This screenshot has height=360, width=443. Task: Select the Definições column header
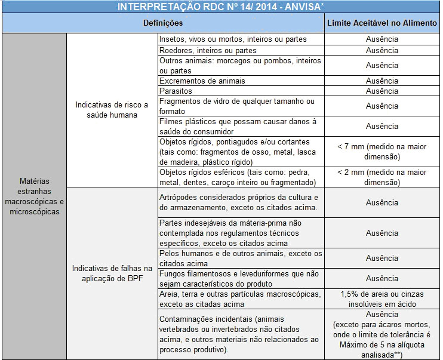tap(162, 23)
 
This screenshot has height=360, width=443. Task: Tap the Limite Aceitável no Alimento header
tap(382, 23)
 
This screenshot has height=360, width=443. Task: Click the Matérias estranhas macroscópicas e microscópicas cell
tap(33, 196)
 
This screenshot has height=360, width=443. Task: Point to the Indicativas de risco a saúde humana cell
tap(112, 110)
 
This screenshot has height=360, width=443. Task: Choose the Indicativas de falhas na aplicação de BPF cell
tap(112, 273)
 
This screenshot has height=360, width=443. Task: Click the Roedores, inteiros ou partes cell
tap(241, 50)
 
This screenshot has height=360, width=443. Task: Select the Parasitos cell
tap(241, 91)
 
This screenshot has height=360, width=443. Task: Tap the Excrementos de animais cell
tap(241, 81)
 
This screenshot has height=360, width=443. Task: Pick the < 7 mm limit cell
tap(382, 152)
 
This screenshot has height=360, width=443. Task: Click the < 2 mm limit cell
tap(382, 177)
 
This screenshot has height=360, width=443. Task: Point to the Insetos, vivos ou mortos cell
tap(241, 39)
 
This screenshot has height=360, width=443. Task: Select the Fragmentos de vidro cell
tap(241, 106)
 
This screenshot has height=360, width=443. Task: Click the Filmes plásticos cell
tap(241, 127)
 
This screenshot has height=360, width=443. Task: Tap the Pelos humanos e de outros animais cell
tap(241, 259)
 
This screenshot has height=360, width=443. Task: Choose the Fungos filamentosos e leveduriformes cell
tap(241, 279)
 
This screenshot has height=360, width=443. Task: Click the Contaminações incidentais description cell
tap(241, 334)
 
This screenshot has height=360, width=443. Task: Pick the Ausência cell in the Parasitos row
tap(382, 91)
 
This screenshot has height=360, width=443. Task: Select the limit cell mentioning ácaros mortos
tap(382, 334)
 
